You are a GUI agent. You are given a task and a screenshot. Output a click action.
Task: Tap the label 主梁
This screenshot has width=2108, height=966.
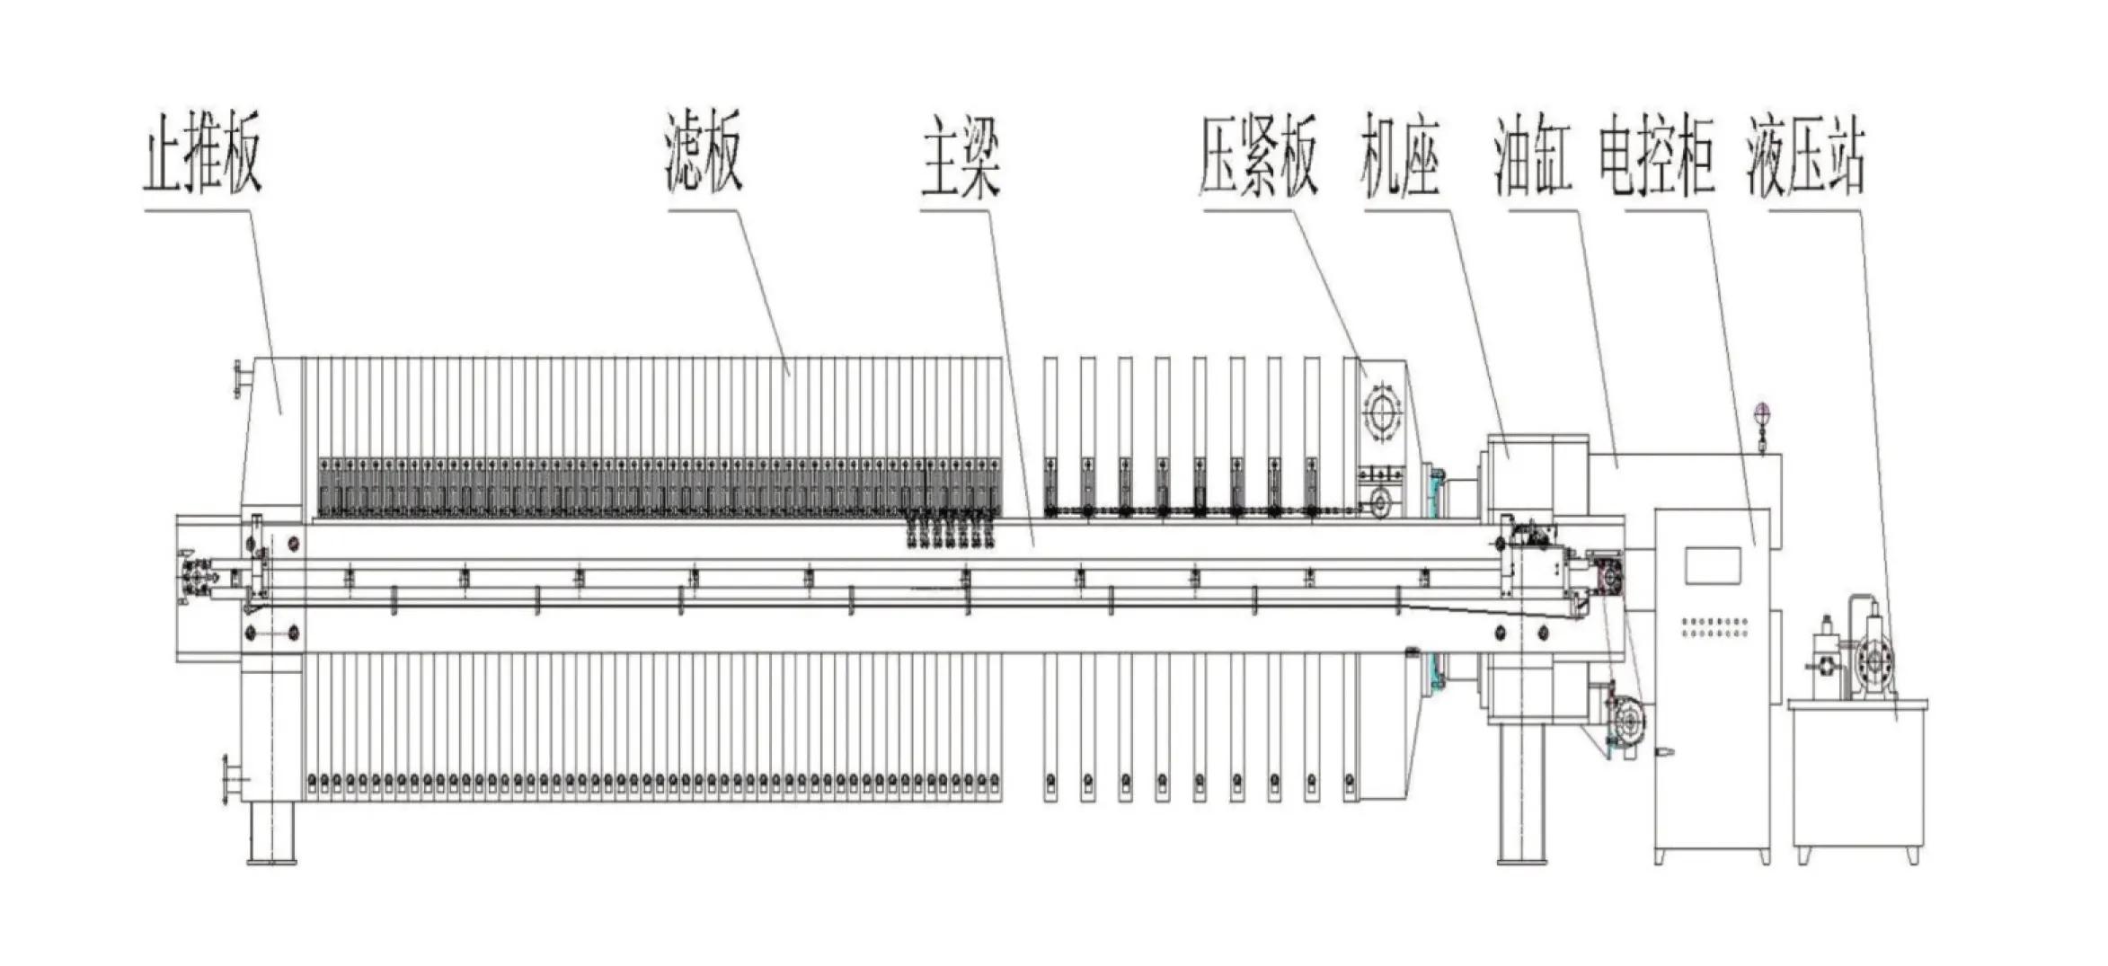point(960,160)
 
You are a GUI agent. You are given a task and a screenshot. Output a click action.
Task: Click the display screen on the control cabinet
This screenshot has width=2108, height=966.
point(1713,565)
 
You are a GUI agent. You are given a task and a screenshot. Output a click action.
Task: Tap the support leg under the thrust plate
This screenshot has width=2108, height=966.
point(271,831)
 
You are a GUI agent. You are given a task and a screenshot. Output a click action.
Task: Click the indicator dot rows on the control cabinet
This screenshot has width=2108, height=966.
point(1714,626)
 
